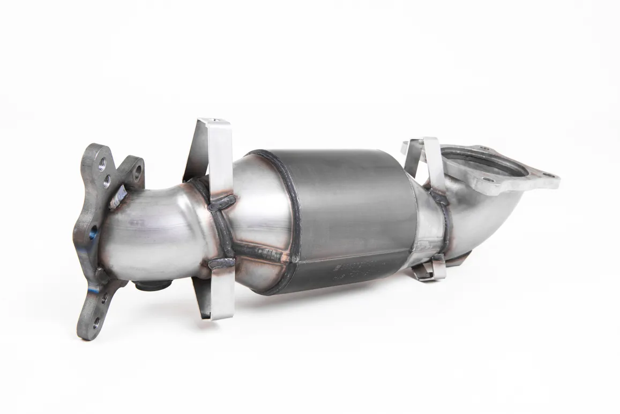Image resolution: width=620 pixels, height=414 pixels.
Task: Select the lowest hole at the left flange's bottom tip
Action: coord(96,323)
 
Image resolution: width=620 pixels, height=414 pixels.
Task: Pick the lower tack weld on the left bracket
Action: coord(221,263)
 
